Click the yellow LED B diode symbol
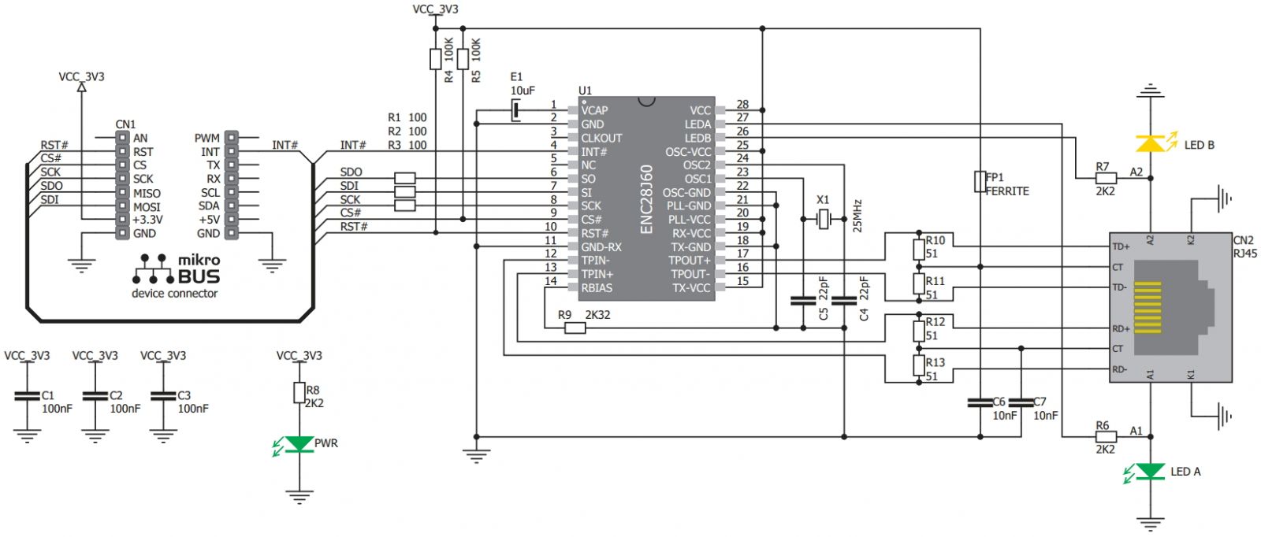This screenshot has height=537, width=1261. [x=1151, y=143]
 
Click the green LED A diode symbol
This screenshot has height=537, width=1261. [x=1151, y=471]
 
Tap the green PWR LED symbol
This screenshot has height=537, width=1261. [x=299, y=444]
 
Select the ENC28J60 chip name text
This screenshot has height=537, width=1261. [x=646, y=198]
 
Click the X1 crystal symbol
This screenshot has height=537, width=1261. [x=823, y=220]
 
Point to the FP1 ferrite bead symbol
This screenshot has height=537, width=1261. [x=980, y=182]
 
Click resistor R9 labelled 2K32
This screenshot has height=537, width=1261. [x=575, y=328]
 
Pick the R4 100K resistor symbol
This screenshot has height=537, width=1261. [x=435, y=58]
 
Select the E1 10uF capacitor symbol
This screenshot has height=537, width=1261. [x=516, y=110]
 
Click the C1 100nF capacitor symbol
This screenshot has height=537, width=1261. [x=27, y=396]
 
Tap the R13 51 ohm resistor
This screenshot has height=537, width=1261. [x=919, y=365]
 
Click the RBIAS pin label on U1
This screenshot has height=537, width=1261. [x=596, y=288]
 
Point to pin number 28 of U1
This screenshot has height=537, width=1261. [x=742, y=104]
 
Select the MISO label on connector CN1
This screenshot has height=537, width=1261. [x=147, y=193]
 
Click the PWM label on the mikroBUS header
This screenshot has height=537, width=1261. [x=207, y=138]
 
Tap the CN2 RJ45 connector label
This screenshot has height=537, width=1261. [x=1244, y=246]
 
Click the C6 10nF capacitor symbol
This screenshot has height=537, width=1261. [x=980, y=402]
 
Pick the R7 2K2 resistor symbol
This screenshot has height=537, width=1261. [x=1106, y=178]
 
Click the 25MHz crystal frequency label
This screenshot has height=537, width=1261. [x=857, y=216]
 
